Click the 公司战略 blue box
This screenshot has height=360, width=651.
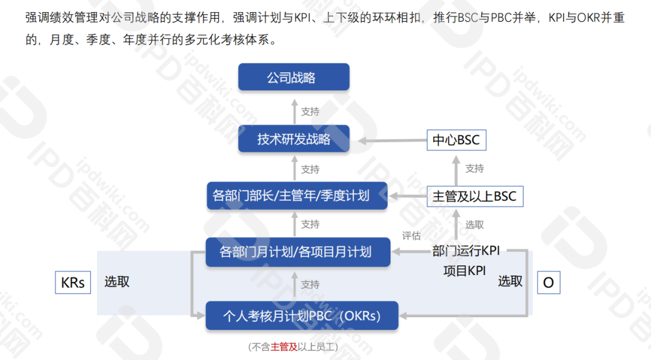(294, 77)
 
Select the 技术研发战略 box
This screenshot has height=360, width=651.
(294, 139)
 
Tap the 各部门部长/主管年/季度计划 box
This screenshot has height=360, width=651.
(297, 196)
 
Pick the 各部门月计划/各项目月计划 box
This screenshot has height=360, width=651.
(298, 251)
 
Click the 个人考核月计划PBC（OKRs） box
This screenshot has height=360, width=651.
(301, 315)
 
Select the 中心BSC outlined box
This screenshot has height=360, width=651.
(456, 140)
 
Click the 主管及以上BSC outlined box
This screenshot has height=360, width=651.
(474, 196)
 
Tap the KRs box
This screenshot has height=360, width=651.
(73, 282)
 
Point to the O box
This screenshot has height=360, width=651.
(548, 282)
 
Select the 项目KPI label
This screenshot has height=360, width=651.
(464, 271)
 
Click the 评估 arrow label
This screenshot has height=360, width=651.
(411, 236)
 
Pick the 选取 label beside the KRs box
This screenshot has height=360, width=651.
(117, 282)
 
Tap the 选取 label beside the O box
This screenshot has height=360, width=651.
(510, 281)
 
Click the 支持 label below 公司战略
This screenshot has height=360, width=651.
(310, 112)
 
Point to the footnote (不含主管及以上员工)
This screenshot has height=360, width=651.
(293, 347)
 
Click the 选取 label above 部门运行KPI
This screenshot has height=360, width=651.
(474, 225)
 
